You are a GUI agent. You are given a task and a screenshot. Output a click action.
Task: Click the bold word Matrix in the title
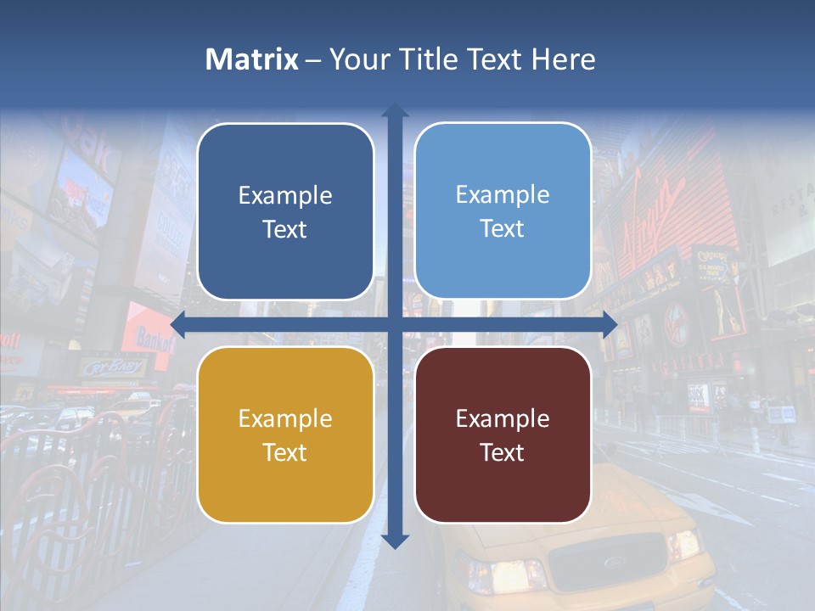(x=252, y=59)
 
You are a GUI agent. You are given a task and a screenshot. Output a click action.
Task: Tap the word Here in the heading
(x=564, y=59)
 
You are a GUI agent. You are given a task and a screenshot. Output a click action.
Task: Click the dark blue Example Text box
(x=285, y=211)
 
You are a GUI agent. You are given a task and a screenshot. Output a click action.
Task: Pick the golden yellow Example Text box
(x=285, y=434)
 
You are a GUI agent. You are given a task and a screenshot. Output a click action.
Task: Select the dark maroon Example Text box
(x=503, y=434)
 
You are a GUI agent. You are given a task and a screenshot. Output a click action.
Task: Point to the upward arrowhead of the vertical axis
(x=395, y=110)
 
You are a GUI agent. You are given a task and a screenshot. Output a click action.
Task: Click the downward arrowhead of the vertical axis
(x=395, y=541)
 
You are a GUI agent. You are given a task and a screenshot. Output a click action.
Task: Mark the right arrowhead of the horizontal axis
(x=610, y=324)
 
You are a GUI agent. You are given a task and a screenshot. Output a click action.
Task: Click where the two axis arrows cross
(x=395, y=324)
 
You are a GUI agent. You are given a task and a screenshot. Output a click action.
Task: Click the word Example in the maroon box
(x=503, y=418)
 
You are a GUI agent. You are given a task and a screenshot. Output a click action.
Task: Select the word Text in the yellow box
(x=285, y=452)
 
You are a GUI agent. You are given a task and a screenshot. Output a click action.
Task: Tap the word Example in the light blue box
(x=503, y=195)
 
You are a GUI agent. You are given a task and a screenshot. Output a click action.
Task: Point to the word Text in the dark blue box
(x=285, y=229)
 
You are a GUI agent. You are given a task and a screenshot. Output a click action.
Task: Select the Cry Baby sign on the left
(x=114, y=367)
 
